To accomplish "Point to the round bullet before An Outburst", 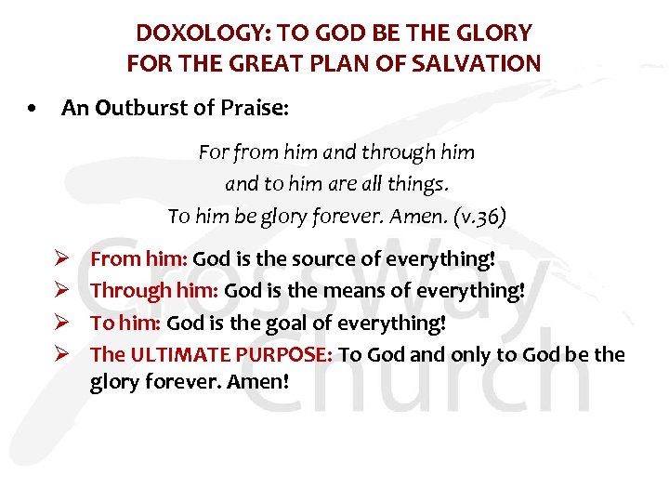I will pyautogui.click(x=33, y=110).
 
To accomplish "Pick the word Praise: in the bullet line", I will pyautogui.click(x=254, y=109).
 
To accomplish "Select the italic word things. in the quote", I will pyautogui.click(x=419, y=184).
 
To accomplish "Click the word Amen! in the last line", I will pyautogui.click(x=263, y=381).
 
